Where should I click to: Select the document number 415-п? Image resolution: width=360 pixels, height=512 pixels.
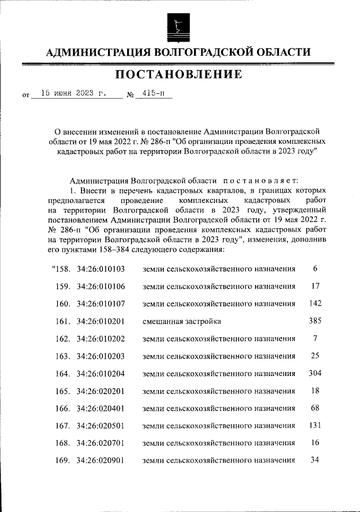point(150,94)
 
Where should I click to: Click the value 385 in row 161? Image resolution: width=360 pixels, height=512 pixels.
point(315,321)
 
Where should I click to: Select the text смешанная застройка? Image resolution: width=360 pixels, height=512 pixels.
point(182,321)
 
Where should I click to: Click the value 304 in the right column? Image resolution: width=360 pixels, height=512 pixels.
point(315,373)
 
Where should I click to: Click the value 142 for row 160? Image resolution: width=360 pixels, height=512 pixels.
point(315,303)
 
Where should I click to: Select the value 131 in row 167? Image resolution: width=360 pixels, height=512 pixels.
point(315,425)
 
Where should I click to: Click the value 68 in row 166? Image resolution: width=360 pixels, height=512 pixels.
point(315,408)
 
